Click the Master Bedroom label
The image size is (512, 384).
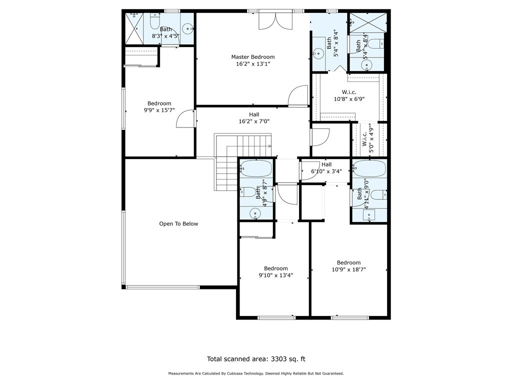click(x=252, y=57)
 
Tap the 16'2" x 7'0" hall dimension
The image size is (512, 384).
click(x=254, y=121)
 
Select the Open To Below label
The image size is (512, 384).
click(x=178, y=223)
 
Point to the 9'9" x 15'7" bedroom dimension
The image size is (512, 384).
click(x=159, y=110)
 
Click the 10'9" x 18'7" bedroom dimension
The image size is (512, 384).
click(x=348, y=269)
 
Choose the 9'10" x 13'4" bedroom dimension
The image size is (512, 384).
click(x=276, y=275)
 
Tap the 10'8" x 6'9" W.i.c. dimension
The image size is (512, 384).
click(x=349, y=99)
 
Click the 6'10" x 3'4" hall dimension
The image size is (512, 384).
click(x=326, y=171)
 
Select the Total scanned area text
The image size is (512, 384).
click(x=256, y=359)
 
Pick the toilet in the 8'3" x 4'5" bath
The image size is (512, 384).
click(x=154, y=21)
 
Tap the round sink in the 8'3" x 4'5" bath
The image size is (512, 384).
click(x=188, y=28)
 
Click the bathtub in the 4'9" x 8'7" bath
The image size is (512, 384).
click(x=256, y=168)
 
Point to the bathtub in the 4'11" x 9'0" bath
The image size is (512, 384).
click(x=369, y=168)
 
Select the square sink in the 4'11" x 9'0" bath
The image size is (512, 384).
click(x=369, y=215)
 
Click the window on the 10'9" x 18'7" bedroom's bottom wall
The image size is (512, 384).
click(x=350, y=317)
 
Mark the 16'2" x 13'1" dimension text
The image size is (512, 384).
click(x=253, y=64)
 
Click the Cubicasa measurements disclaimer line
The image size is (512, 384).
click(x=256, y=373)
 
